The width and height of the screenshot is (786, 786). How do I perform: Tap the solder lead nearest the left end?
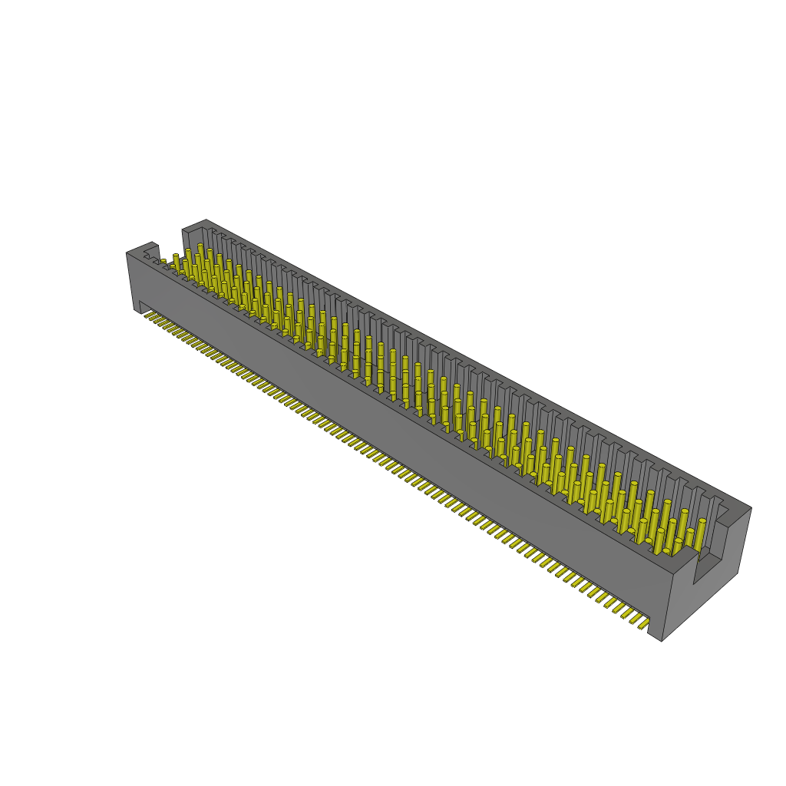pyautogui.click(x=147, y=315)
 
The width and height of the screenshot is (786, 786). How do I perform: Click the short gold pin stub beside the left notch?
pyautogui.click(x=163, y=262)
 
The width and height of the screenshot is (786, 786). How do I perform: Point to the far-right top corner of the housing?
pyautogui.click(x=751, y=508)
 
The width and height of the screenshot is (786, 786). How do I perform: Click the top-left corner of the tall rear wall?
pyautogui.click(x=183, y=229)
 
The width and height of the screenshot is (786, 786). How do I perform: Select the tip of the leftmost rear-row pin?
pyautogui.click(x=176, y=256)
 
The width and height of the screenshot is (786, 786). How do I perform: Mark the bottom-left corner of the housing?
pyautogui.click(x=140, y=313)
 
